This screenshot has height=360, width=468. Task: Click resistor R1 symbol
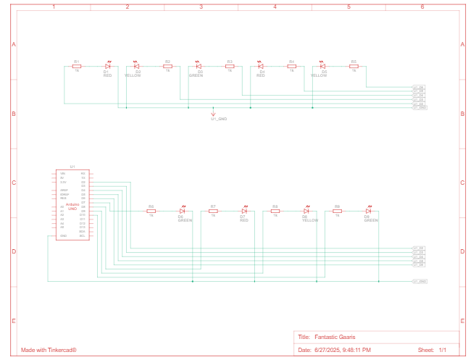pyautogui.click(x=77, y=66)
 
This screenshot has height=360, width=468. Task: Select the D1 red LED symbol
pyautogui.click(x=107, y=66)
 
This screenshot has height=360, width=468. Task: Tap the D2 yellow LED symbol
pyautogui.click(x=136, y=66)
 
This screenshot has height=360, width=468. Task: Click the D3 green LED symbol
pyautogui.click(x=198, y=66)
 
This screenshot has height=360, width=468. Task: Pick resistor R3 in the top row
pyautogui.click(x=230, y=66)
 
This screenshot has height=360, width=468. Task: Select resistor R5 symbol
pyautogui.click(x=354, y=66)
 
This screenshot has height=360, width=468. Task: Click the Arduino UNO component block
pyautogui.click(x=72, y=205)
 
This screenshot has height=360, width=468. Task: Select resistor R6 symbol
pyautogui.click(x=151, y=211)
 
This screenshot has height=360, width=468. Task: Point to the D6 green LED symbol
pyautogui.click(x=182, y=211)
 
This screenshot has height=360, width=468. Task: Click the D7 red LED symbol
pyautogui.click(x=244, y=211)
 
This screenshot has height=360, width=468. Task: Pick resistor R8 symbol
pyautogui.click(x=275, y=211)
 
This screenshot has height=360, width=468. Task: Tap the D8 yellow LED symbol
pyautogui.click(x=306, y=211)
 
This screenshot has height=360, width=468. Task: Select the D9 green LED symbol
pyautogui.click(x=368, y=211)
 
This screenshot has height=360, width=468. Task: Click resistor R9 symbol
pyautogui.click(x=338, y=211)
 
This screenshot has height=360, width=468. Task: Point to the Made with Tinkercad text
pyautogui.click(x=49, y=350)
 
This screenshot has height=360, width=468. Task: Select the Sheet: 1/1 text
pyautogui.click(x=432, y=350)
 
